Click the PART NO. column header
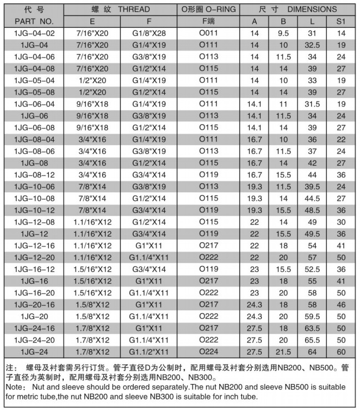click(x=34, y=21)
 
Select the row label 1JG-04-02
click(x=34, y=33)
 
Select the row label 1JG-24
click(x=34, y=351)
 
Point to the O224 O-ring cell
click(x=209, y=351)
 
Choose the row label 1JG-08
click(x=34, y=162)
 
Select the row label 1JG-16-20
click(x=34, y=292)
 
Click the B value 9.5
click(x=283, y=33)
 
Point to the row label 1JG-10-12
click(x=34, y=209)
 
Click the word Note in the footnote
click(x=15, y=387)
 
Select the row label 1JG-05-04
click(x=34, y=80)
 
